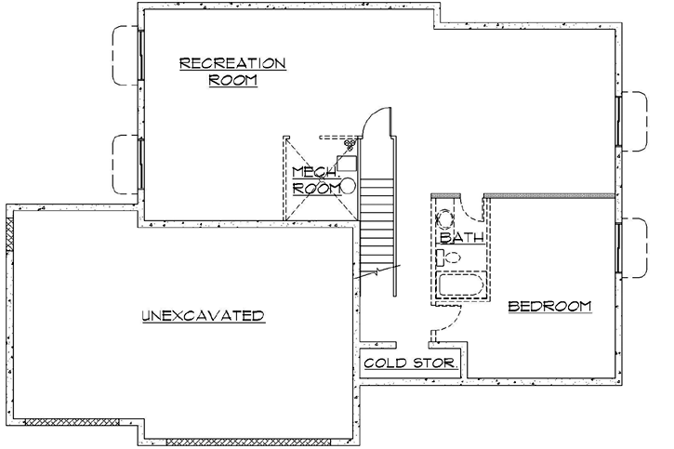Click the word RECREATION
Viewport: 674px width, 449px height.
(x=232, y=63)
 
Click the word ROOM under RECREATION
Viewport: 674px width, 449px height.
(x=232, y=81)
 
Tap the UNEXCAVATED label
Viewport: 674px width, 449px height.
(x=203, y=316)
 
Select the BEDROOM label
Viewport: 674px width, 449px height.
(x=550, y=306)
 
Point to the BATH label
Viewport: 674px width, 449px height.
(x=462, y=238)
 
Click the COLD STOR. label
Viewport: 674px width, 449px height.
(x=409, y=363)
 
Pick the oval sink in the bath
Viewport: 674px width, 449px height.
(x=445, y=218)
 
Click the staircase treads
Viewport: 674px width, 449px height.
(x=378, y=223)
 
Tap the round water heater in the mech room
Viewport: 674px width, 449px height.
(x=348, y=186)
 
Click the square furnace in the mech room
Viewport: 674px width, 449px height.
(x=346, y=165)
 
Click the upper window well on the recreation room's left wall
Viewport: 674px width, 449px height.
(x=125, y=54)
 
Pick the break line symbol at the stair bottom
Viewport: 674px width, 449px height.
(x=377, y=273)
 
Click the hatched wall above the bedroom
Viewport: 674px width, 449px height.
(x=548, y=196)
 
